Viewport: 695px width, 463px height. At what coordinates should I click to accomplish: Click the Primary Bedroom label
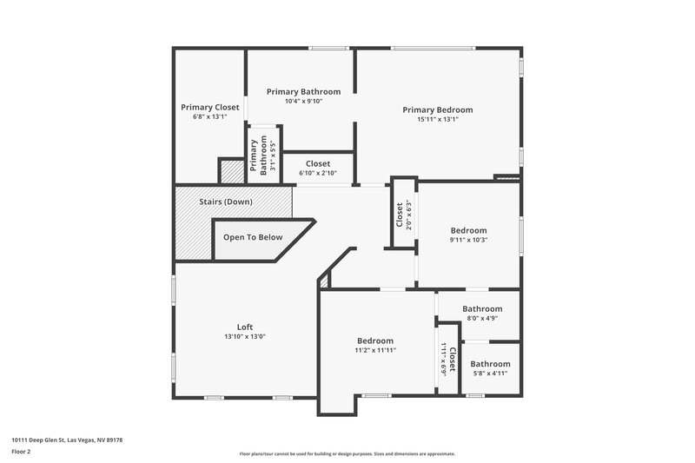tap(437, 109)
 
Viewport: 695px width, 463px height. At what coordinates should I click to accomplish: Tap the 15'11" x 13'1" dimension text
tap(437, 120)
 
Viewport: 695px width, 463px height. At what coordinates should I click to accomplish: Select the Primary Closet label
tap(209, 108)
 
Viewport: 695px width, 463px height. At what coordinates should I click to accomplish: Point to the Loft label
tap(245, 327)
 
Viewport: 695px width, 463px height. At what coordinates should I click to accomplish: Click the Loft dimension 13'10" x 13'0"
tap(245, 336)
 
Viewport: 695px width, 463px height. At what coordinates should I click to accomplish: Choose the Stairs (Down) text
tap(226, 202)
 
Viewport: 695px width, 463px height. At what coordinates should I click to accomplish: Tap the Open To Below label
tap(253, 237)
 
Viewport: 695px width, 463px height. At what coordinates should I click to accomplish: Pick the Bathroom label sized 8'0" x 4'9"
tap(481, 309)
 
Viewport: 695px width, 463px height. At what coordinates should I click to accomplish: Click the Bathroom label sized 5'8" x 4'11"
tap(490, 364)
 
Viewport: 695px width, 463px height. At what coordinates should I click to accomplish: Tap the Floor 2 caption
tap(21, 452)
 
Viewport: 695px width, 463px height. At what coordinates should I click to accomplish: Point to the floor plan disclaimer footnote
tap(347, 453)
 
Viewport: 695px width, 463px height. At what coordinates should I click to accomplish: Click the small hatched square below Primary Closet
tap(231, 172)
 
